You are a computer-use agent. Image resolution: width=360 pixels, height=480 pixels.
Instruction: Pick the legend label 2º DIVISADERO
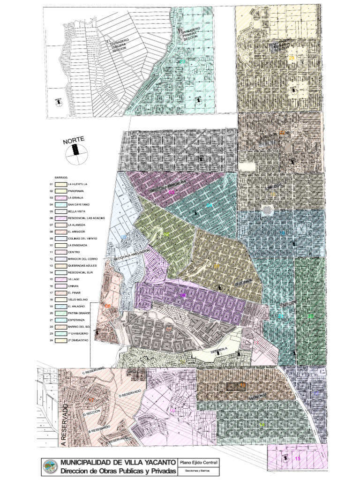click(78, 340)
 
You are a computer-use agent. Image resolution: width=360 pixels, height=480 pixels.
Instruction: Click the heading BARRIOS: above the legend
click(61, 178)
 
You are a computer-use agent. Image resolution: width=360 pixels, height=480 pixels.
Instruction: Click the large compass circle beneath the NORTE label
click(75, 155)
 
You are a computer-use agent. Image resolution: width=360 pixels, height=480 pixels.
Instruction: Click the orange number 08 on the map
click(108, 306)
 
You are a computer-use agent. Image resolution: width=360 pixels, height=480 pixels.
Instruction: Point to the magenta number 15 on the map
click(297, 458)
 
